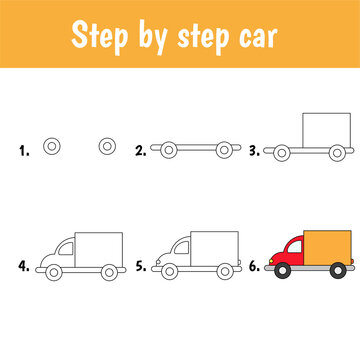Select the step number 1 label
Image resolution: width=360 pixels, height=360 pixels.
(23, 151)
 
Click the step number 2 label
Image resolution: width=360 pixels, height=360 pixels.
(141, 151)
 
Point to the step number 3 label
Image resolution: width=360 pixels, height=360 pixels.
(255, 151)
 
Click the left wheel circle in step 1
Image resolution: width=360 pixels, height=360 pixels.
(53, 148)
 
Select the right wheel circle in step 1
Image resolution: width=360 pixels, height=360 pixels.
(107, 148)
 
